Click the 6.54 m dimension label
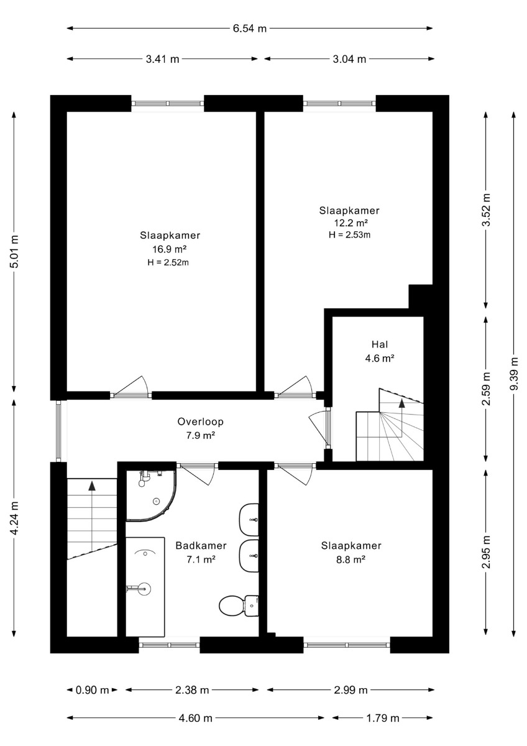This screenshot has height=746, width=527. tap(250, 29)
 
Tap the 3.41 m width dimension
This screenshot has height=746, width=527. tap(162, 59)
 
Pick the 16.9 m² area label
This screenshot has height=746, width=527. tap(170, 249)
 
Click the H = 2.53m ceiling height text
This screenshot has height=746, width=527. tap(349, 235)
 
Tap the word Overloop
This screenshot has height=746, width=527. tap(200, 421)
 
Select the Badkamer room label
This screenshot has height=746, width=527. tap(201, 546)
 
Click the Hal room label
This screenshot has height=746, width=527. tap(380, 344)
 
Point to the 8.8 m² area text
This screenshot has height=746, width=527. tap(351, 560)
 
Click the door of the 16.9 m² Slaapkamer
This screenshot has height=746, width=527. tap(131, 388)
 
